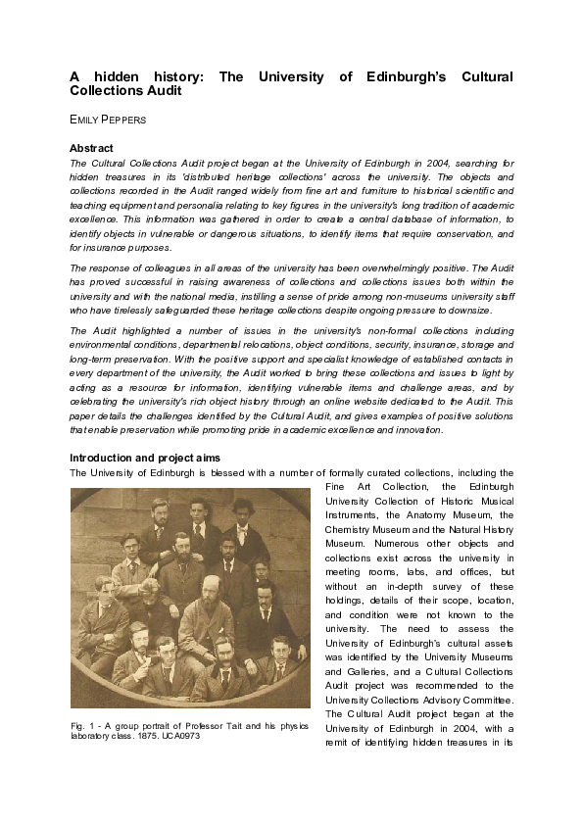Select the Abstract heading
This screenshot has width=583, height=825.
(93, 148)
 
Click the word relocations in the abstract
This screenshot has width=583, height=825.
(249, 345)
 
